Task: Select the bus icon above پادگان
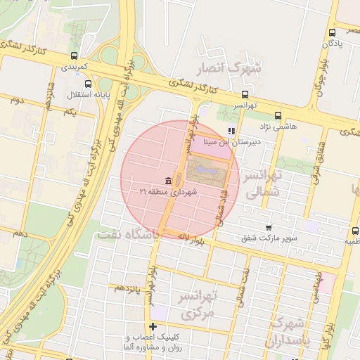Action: pos(333,32)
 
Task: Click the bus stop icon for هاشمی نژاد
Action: pos(278,115)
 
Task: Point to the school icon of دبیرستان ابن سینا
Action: pos(231,131)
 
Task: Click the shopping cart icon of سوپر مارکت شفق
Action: pos(269,227)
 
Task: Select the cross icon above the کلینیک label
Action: pos(153,327)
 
